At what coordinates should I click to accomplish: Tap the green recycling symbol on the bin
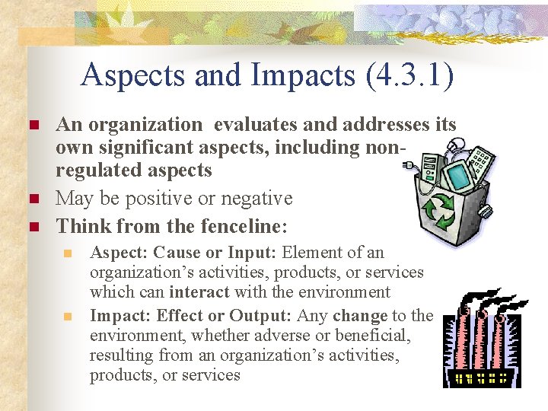[440, 211]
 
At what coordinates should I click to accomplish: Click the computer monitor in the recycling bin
[459, 176]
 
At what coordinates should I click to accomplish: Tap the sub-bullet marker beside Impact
[67, 316]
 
